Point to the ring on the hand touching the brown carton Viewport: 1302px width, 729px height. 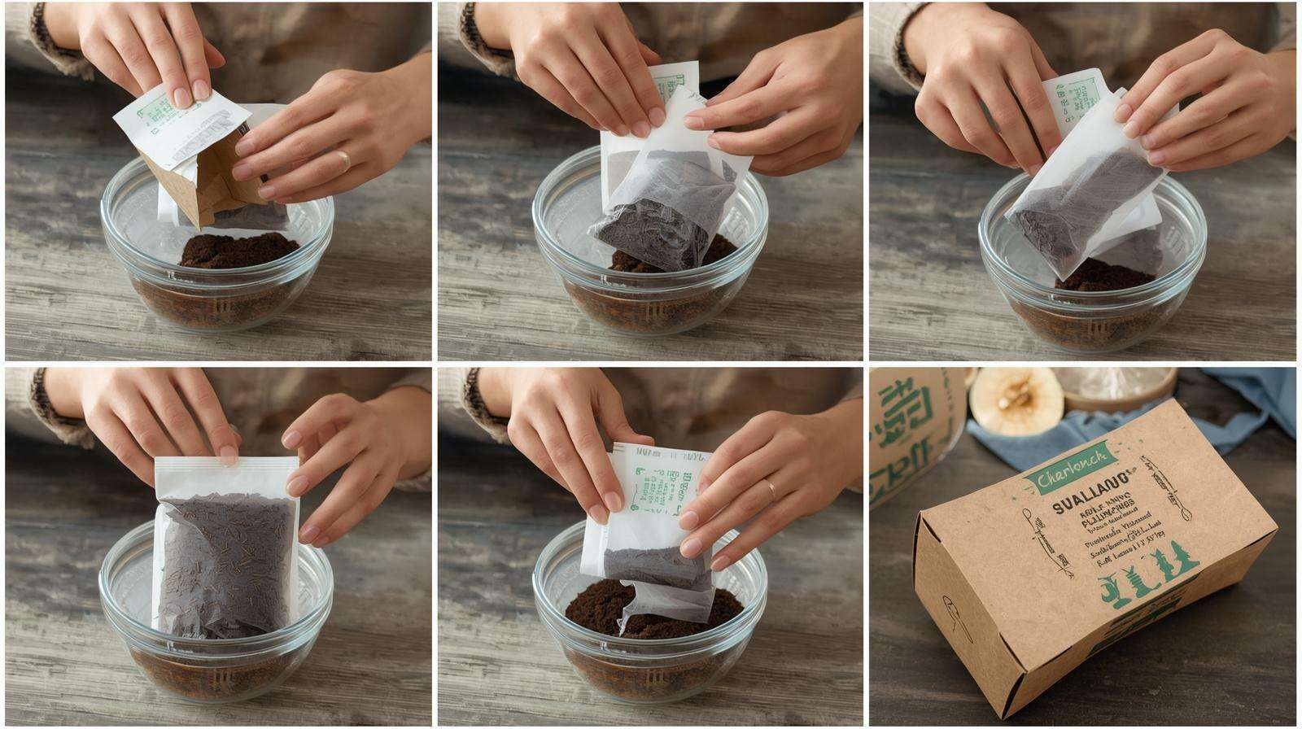(346, 158)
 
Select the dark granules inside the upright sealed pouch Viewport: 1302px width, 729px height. (224, 561)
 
